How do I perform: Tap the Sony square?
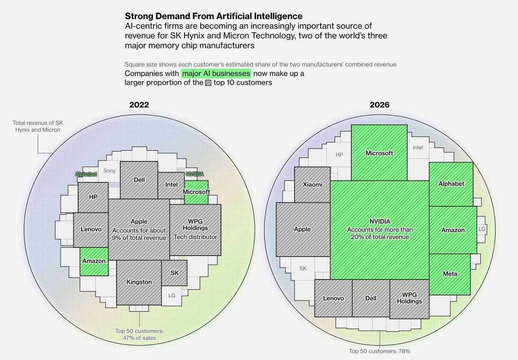click(x=109, y=171)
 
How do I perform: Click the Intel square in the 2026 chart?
click(x=418, y=148)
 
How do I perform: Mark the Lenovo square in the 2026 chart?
click(x=333, y=298)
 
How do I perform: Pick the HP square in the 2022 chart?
click(x=93, y=197)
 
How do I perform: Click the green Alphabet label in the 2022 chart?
click(x=86, y=174)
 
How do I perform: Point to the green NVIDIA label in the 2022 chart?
click(x=195, y=174)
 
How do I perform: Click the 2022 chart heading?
click(x=139, y=105)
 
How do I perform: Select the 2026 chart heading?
click(x=380, y=105)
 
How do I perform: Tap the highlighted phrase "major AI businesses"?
click(x=216, y=74)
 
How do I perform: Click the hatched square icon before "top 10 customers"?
click(x=208, y=83)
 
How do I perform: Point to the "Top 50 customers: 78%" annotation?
click(x=380, y=351)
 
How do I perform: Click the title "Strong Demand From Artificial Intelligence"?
click(x=213, y=16)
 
